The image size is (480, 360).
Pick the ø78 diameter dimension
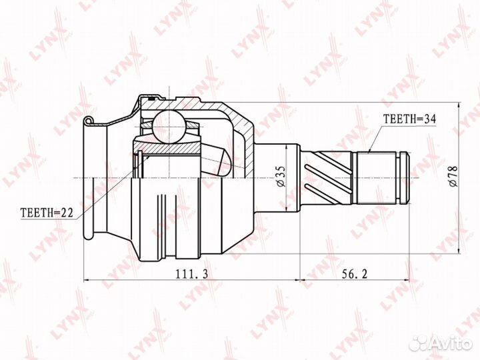click(x=453, y=177)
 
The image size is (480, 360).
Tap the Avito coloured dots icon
click(x=419, y=342)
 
